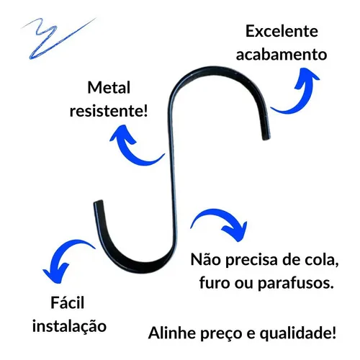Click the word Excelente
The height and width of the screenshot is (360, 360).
point(282,32)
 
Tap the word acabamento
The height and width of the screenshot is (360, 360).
point(282,55)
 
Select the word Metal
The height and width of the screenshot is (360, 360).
point(109,87)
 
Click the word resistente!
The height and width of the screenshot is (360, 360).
point(109,111)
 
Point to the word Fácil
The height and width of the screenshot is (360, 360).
point(68,302)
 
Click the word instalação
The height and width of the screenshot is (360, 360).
point(69,326)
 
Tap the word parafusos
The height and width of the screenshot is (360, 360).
point(296,283)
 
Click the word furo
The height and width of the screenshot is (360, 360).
point(215,283)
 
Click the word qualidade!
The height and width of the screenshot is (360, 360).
point(298,333)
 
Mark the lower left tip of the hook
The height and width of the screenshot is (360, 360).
point(98,202)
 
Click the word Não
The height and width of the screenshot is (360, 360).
point(205,259)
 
